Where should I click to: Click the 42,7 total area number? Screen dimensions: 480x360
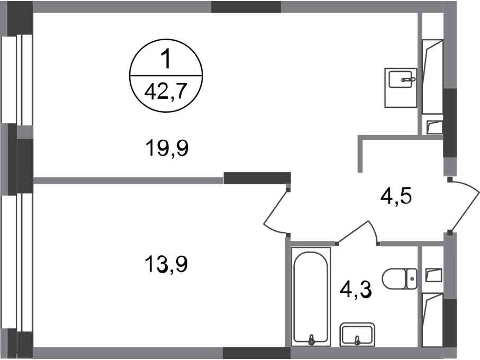tap(166, 92)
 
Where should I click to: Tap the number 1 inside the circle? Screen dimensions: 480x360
tap(166, 59)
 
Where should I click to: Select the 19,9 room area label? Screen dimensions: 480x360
tap(167, 148)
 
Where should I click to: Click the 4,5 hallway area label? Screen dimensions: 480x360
tap(396, 196)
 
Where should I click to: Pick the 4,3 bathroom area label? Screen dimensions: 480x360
tap(356, 290)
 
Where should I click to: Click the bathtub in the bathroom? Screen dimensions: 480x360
tap(311, 296)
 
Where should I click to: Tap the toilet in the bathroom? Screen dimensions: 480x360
tap(400, 279)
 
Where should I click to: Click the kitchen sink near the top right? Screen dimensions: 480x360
tap(401, 88)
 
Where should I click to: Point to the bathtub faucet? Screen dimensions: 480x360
tap(312, 339)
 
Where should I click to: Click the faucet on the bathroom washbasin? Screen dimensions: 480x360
tap(357, 340)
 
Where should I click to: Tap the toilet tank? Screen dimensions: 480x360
tap(411, 279)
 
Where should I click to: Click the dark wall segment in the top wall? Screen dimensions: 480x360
tap(246, 7)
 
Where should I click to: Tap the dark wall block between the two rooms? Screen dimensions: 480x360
tap(257, 178)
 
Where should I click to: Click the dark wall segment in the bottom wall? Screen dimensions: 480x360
tap(257, 353)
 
